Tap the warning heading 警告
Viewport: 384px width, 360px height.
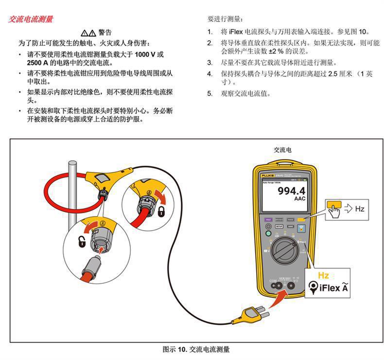click(105, 33)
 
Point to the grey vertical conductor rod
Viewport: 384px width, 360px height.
click(73, 195)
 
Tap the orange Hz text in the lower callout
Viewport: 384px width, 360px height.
click(323, 276)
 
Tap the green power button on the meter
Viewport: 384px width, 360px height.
click(268, 233)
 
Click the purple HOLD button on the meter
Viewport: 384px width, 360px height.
click(268, 220)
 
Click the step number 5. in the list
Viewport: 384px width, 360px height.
click(210, 93)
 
